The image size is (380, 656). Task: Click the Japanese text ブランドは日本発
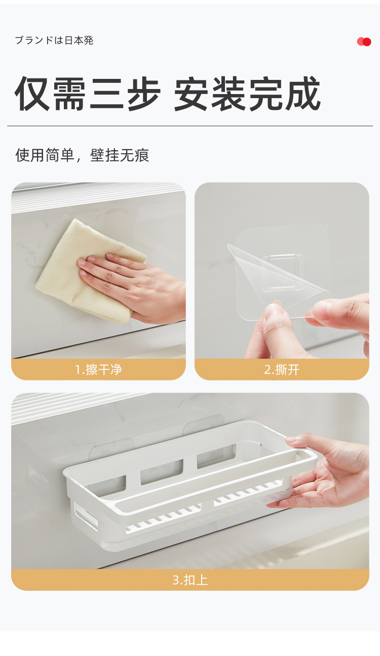coord(54,40)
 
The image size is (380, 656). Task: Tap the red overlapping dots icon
coord(364,41)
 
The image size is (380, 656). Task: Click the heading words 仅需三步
coord(88,94)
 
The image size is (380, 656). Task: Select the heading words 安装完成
coord(247,94)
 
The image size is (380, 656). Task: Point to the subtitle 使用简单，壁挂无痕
coord(82,155)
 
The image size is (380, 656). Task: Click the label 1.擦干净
coord(98,370)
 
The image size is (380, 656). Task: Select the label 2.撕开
coord(282,370)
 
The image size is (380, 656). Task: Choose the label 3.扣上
coord(190,580)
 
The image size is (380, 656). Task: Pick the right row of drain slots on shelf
coord(248,494)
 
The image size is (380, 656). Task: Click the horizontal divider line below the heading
coord(190,126)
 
